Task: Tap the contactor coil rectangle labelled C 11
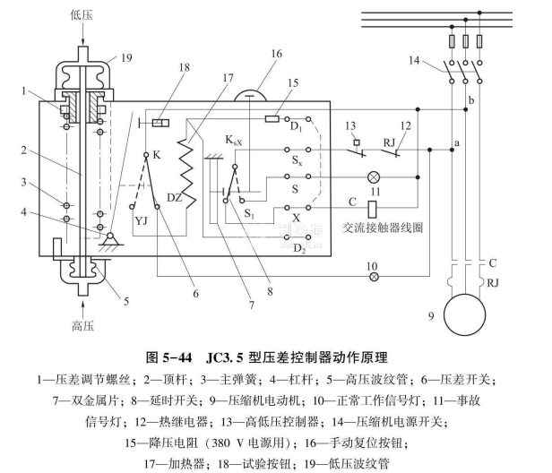pos(372,208)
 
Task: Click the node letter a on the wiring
pos(456,142)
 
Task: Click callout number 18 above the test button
pos(158,68)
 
